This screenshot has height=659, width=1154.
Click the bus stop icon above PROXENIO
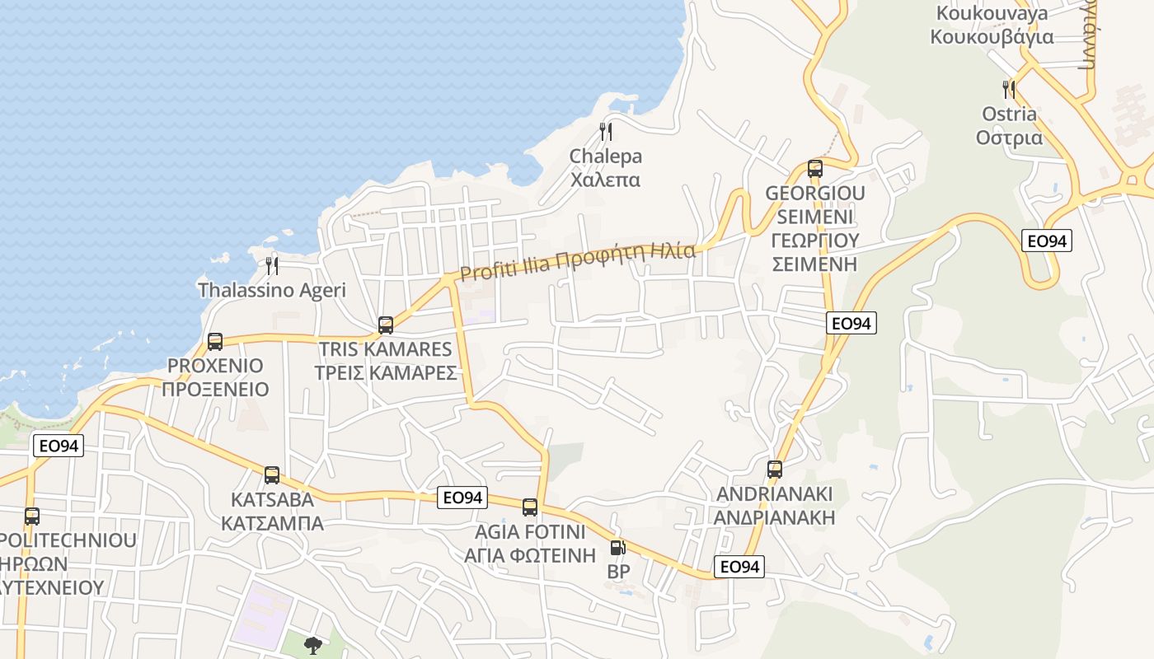click(215, 341)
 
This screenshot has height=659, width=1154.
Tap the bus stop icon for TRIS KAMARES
click(386, 325)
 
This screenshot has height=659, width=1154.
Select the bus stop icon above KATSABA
click(272, 475)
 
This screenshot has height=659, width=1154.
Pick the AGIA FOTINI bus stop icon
click(530, 507)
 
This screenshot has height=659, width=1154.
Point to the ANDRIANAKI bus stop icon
click(775, 470)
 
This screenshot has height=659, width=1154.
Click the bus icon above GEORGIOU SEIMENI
click(815, 169)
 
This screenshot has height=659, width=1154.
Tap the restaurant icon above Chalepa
click(605, 132)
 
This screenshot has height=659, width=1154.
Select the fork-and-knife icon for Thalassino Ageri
click(272, 265)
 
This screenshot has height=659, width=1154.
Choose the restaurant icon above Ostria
click(1008, 89)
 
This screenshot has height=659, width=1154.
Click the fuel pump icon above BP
click(617, 547)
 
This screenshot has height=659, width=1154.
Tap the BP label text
click(617, 571)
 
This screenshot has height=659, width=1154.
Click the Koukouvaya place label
click(992, 13)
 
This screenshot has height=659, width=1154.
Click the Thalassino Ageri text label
click(272, 290)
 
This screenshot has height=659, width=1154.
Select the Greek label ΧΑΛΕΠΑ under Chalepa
click(605, 179)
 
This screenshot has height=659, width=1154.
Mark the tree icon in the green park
click(312, 645)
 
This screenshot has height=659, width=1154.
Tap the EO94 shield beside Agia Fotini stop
click(462, 498)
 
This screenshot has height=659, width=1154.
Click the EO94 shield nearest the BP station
click(739, 567)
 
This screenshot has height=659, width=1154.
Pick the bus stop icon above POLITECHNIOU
click(31, 516)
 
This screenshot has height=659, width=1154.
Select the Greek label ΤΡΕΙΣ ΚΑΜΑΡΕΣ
click(386, 372)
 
